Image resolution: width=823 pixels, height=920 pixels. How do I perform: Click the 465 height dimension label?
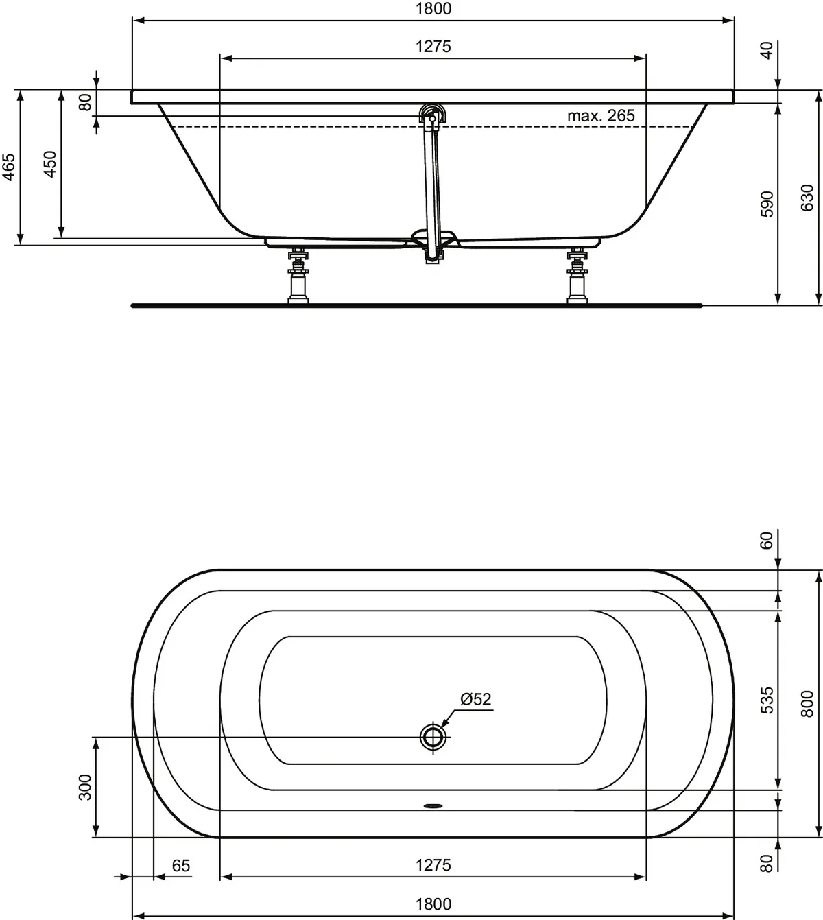point(8,167)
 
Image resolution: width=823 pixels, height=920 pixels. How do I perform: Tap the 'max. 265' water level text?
point(601,116)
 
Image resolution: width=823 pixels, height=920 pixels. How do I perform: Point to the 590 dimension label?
point(767,204)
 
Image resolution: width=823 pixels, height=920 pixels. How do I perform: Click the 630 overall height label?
point(807,198)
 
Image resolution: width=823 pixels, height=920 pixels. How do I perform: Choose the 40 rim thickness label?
point(767,50)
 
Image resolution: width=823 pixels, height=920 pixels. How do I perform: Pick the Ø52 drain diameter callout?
point(476,699)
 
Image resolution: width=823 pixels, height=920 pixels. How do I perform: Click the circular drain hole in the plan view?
point(433,737)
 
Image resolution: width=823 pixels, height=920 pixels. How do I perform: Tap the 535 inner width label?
point(767,700)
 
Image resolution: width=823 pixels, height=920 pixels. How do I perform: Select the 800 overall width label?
point(807,704)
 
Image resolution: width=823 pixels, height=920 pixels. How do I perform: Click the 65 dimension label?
point(180,866)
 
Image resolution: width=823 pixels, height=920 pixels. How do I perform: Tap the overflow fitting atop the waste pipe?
point(433,114)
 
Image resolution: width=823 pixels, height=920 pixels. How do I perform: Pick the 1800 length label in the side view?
point(433,9)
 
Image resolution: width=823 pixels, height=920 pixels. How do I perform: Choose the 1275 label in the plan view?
point(433,865)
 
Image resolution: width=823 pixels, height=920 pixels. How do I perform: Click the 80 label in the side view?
point(85,102)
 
